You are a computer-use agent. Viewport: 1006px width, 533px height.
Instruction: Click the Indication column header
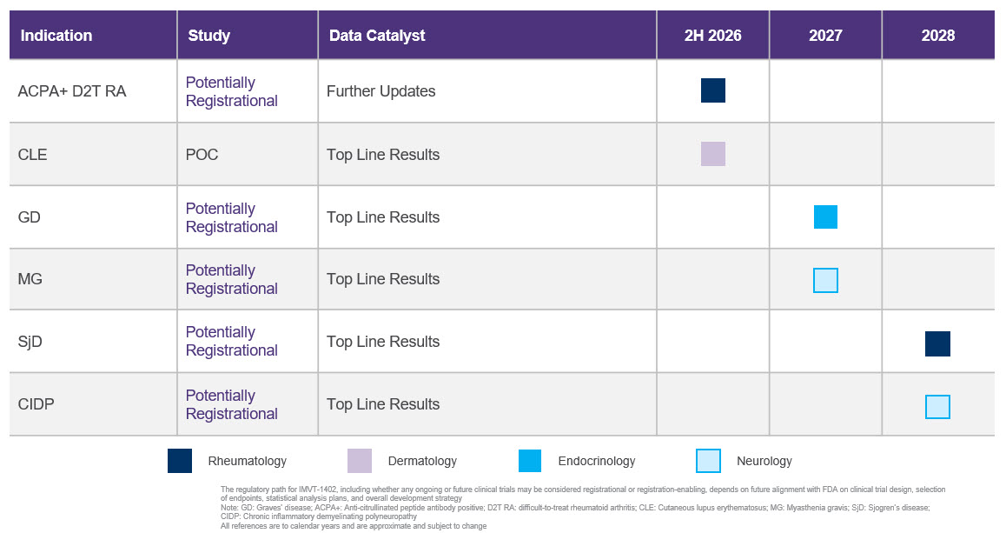point(56,36)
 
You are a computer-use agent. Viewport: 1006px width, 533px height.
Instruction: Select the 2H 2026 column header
point(712,36)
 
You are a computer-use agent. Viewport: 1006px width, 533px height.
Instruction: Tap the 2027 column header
point(825,36)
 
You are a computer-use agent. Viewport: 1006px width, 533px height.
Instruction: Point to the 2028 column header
point(938,36)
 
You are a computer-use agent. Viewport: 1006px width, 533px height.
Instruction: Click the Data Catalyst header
point(377,36)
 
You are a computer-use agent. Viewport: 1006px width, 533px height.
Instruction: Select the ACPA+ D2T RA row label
point(72,91)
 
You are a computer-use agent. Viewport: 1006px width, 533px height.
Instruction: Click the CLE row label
point(33,155)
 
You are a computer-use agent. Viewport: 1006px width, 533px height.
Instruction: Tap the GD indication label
point(29,217)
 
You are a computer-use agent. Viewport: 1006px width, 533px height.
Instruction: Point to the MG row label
point(30,279)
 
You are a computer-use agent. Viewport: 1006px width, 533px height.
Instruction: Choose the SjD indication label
point(30,342)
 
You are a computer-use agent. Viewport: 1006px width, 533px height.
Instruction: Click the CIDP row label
point(36,404)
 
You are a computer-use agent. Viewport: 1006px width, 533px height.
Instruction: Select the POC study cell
point(202,155)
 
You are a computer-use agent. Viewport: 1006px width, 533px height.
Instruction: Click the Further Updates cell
point(381,91)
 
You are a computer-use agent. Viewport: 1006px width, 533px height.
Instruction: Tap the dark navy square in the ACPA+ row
point(712,90)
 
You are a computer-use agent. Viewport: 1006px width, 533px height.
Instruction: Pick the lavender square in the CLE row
point(712,154)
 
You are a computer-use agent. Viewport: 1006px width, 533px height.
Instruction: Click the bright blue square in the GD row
point(825,217)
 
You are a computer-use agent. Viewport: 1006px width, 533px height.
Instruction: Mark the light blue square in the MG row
point(825,280)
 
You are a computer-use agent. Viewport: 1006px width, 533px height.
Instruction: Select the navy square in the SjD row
point(937,343)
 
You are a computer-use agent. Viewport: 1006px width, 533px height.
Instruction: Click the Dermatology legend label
point(422,461)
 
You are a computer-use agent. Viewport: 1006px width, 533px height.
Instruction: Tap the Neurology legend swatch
point(708,461)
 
